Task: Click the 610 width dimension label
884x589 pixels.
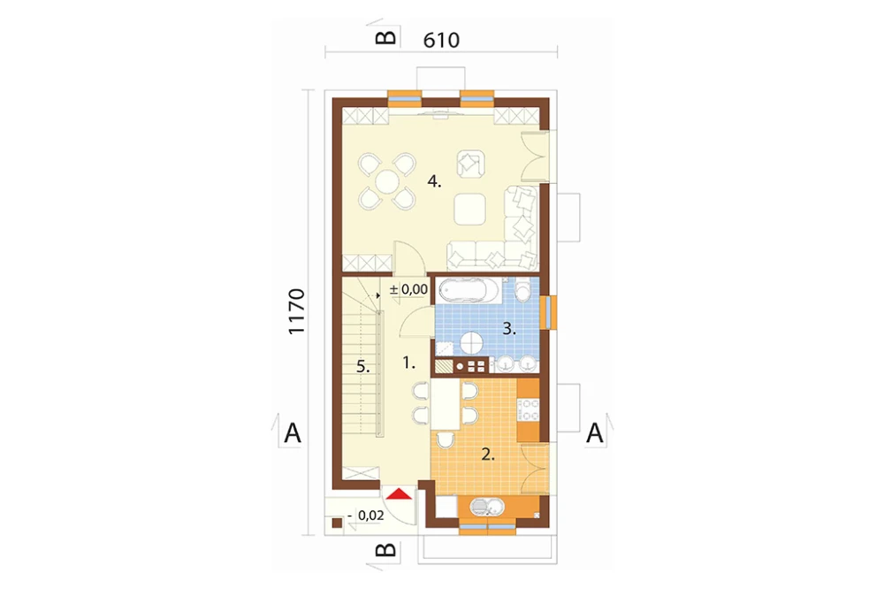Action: click(441, 40)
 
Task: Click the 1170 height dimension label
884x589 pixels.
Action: click(296, 312)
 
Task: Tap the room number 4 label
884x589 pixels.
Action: click(434, 181)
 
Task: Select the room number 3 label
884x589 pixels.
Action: click(509, 329)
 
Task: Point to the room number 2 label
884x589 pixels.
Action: click(488, 455)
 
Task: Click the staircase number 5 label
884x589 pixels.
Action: click(363, 367)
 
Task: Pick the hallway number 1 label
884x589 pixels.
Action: click(408, 363)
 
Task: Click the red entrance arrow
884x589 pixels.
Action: click(400, 494)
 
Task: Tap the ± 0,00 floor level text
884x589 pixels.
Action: click(408, 289)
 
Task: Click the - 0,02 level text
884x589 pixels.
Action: click(366, 515)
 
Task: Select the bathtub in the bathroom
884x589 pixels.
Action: click(469, 291)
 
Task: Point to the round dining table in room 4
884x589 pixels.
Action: click(388, 181)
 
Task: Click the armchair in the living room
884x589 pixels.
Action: click(471, 164)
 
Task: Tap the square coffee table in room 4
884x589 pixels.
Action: click(470, 208)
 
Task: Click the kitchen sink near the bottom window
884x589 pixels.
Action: click(488, 508)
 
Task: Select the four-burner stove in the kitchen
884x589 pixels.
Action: click(529, 409)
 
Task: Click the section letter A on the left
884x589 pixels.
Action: click(293, 434)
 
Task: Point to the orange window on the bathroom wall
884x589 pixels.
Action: click(548, 312)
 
